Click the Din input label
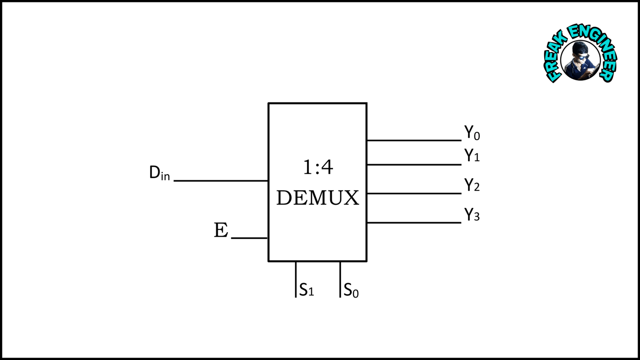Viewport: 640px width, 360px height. coord(159,173)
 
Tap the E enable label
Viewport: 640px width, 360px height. coord(221,230)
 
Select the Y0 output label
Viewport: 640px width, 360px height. coord(472,133)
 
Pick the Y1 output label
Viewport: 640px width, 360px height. coord(472,155)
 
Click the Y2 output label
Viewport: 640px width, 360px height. coord(472,185)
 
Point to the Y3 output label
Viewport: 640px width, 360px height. coord(472,215)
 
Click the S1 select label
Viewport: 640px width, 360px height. coord(306,290)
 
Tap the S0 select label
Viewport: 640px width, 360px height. coord(351,290)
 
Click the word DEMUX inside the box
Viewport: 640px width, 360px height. coord(318,198)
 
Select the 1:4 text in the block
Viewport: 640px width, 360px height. coord(318,167)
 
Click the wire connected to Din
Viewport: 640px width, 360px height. coord(221,181)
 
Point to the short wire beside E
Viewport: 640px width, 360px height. coord(249,238)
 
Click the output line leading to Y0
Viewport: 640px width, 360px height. coord(414,140)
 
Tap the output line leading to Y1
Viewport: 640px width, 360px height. coord(414,164)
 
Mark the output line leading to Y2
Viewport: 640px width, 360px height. coord(414,194)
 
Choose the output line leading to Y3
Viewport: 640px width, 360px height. coord(414,223)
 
